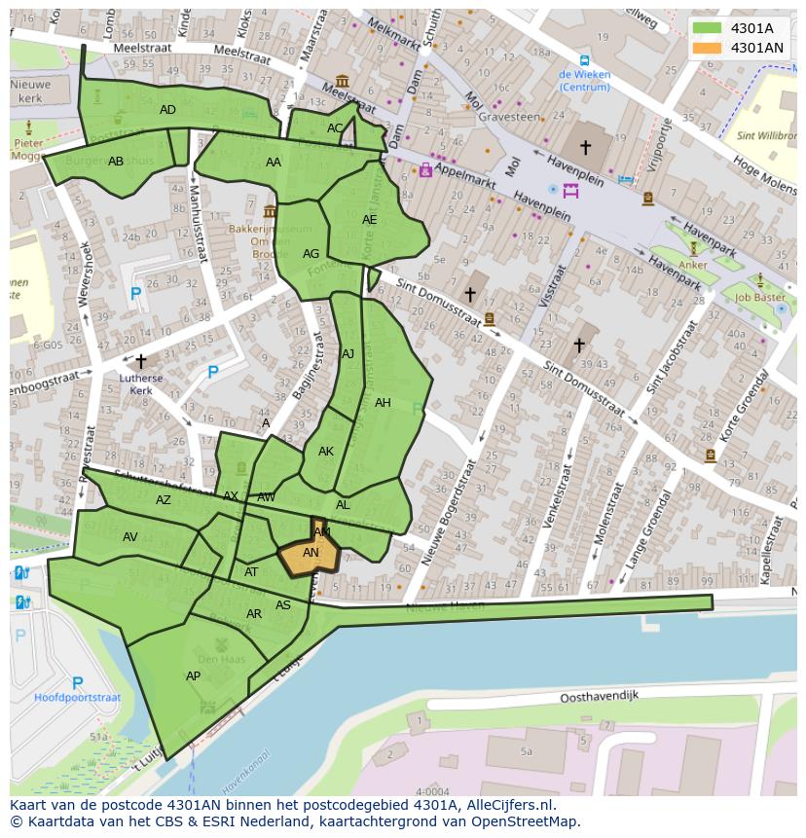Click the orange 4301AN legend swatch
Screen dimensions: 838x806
(708, 48)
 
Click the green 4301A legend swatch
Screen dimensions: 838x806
(708, 28)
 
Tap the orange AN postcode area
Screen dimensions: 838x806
(310, 555)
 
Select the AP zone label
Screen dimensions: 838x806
(193, 676)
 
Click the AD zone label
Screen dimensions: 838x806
(167, 110)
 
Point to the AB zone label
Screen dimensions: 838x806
(116, 162)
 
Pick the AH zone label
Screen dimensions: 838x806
(383, 403)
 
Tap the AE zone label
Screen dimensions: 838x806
(369, 220)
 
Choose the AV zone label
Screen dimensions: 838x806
(129, 537)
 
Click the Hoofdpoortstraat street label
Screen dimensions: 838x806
(77, 698)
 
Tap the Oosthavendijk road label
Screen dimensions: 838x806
(599, 698)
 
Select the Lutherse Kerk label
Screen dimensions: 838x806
(141, 384)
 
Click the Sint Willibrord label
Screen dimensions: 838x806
(766, 136)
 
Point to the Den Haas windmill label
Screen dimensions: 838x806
(220, 659)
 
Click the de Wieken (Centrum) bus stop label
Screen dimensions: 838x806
(584, 81)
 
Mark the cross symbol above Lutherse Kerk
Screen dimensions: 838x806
(141, 361)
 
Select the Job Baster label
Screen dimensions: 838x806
(760, 298)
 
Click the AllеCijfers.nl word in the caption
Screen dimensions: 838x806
(509, 805)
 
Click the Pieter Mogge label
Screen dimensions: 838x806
(28, 148)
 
